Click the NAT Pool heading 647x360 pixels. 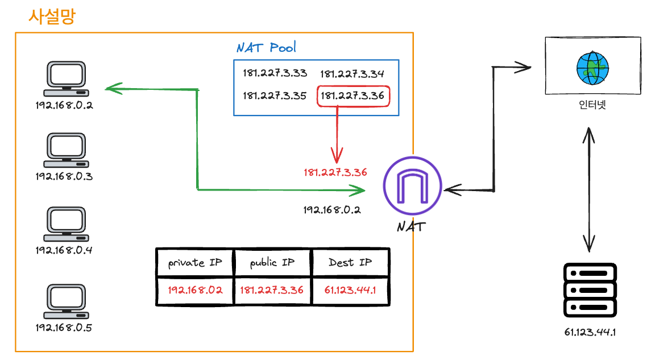[x=266, y=47]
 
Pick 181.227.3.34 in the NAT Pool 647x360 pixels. [x=352, y=74]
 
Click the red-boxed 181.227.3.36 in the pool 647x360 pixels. [x=352, y=96]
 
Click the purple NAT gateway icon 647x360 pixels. [x=412, y=185]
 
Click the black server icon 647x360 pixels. [x=590, y=291]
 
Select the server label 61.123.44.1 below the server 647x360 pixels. [x=590, y=332]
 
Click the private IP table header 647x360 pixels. [x=194, y=263]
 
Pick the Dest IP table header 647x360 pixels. [x=350, y=263]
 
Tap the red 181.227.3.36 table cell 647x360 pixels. [x=272, y=290]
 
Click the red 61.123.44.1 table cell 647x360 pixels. [x=350, y=290]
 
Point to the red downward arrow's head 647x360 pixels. [x=337, y=158]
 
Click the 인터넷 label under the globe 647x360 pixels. [x=592, y=105]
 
